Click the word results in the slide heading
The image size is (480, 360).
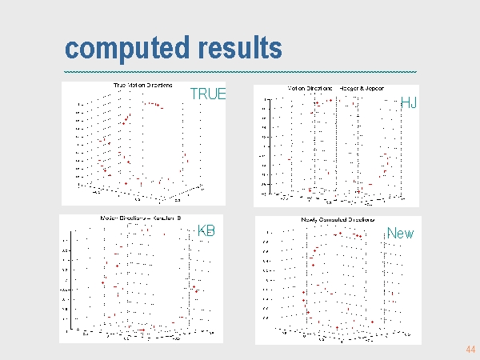point(237,48)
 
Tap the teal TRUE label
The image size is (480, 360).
point(207,94)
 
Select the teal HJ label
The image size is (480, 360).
point(409,103)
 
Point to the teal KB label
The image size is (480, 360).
point(206,231)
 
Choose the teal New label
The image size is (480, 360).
point(400,234)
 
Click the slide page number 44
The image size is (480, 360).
point(470,350)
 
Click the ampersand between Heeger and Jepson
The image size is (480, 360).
point(360,87)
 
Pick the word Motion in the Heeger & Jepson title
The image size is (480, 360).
point(296,87)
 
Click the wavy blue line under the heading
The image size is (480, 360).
point(240,73)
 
